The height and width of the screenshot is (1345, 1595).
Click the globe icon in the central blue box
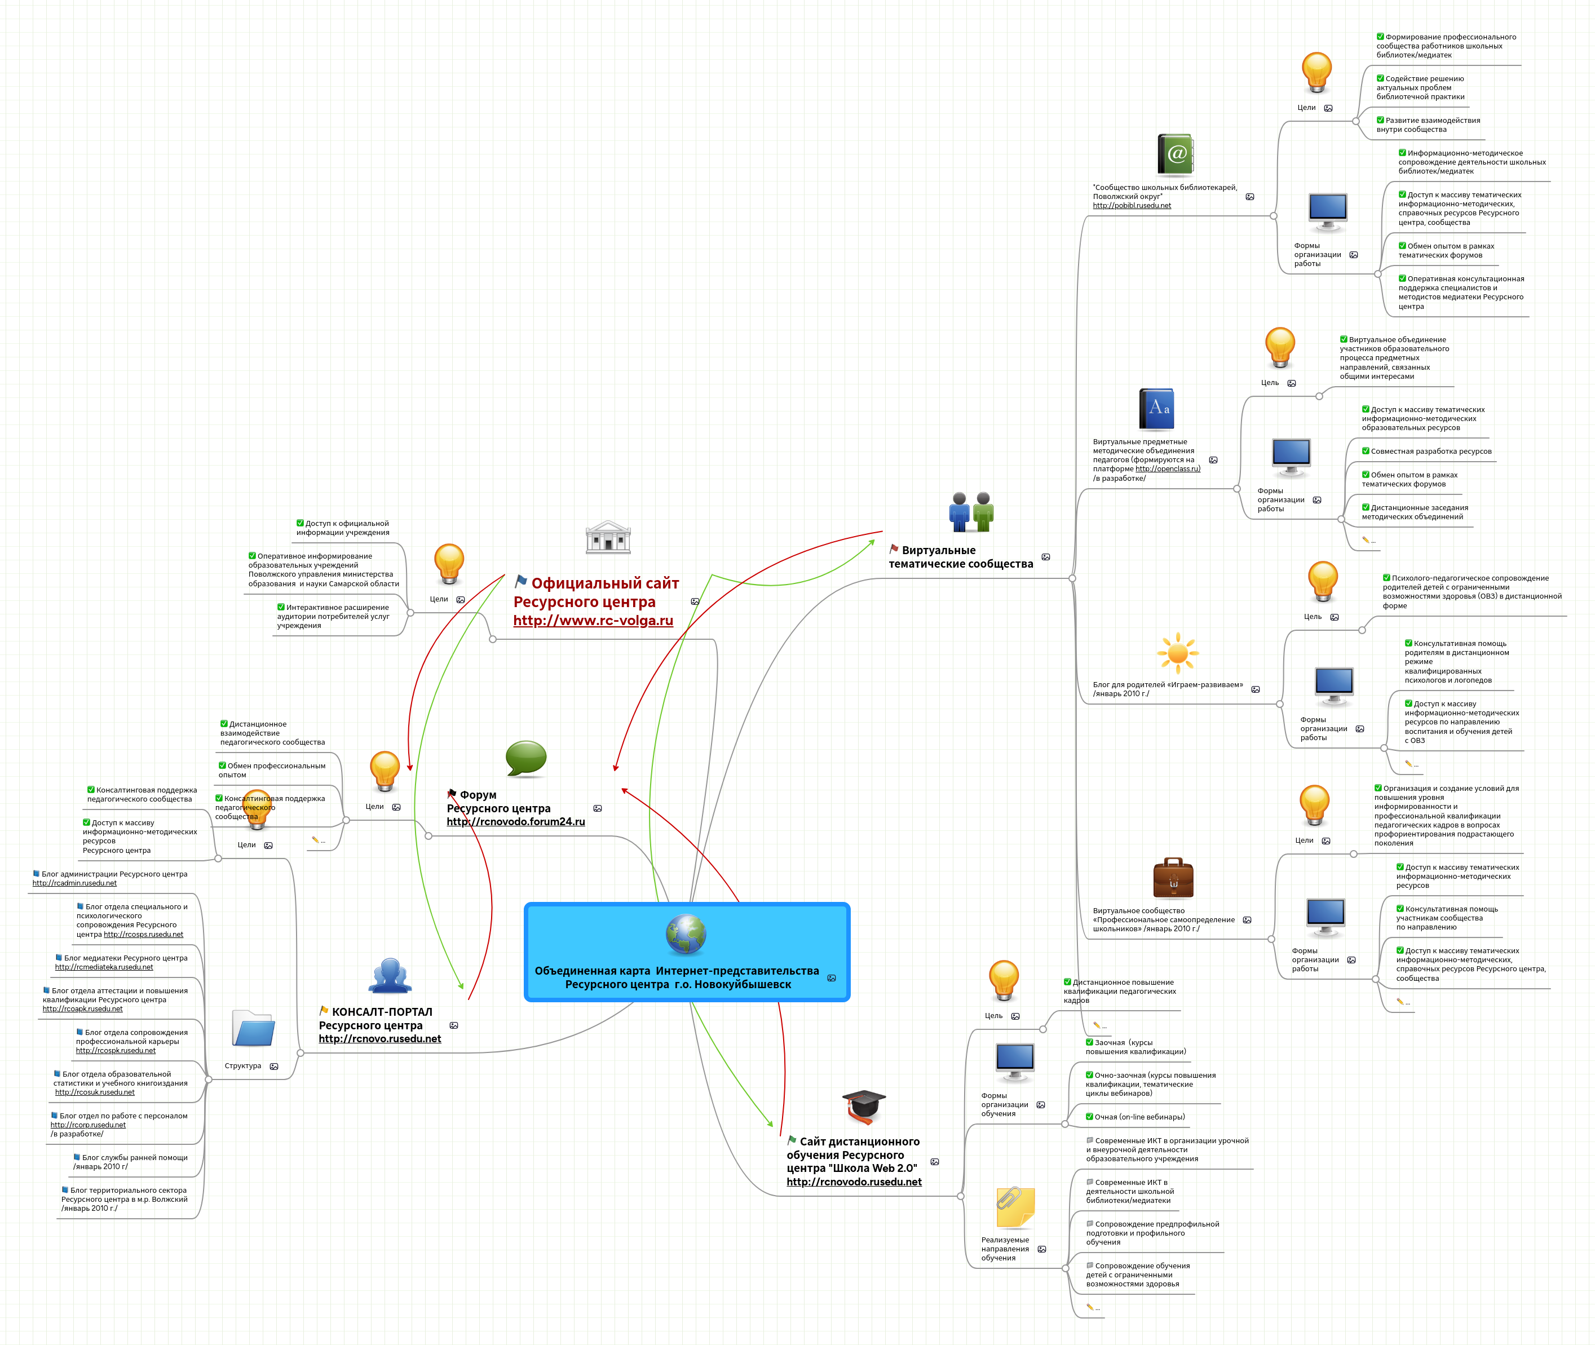point(686,935)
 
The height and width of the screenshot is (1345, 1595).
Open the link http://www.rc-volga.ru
point(593,621)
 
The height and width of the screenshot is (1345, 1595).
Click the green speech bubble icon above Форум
point(526,758)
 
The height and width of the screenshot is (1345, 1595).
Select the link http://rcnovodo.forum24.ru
point(515,822)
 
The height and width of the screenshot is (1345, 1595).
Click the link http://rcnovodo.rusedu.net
point(854,1182)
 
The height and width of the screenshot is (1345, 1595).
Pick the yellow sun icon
point(1177,653)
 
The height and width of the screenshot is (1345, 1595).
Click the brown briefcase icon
point(1173,878)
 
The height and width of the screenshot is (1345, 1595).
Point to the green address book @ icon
point(1175,156)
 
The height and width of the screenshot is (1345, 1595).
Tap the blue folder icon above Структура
point(253,1029)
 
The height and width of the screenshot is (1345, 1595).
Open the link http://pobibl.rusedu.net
point(1132,206)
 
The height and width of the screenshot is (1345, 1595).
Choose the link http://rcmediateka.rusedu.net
point(104,967)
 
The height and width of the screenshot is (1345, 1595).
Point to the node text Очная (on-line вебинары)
point(1139,1117)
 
